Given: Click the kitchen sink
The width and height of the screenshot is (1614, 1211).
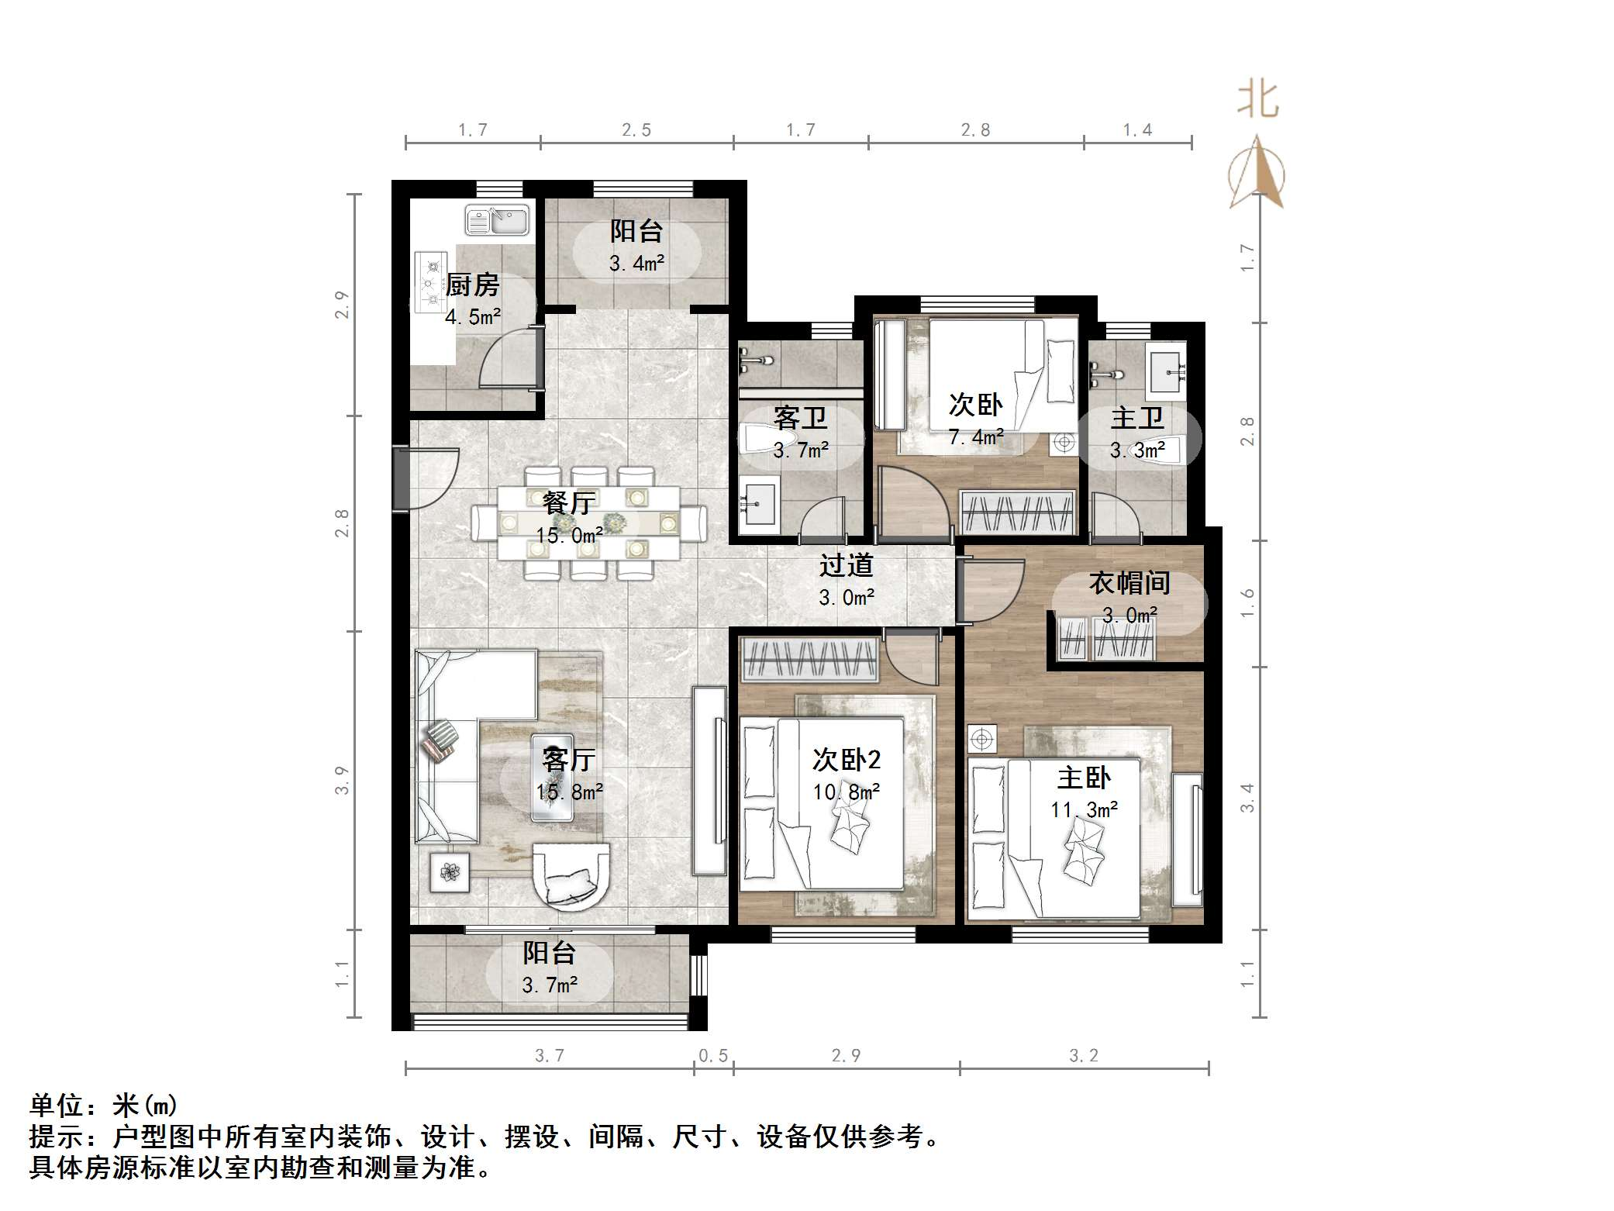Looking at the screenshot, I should point(497,220).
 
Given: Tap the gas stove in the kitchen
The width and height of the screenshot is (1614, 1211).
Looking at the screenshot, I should point(430,282).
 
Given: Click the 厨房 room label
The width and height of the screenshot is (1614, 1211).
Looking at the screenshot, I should point(472,285).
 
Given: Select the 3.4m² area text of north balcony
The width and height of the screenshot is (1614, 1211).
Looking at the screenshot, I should point(636,264).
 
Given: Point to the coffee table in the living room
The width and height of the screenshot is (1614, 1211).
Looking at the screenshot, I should point(552,778).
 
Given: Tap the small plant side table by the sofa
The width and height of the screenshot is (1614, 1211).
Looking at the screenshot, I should point(450,872).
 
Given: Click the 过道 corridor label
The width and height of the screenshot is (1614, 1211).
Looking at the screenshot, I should point(846,565).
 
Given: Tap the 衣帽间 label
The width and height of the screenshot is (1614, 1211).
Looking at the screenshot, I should point(1129,583).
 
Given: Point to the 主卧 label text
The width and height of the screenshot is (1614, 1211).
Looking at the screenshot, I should point(1084,778).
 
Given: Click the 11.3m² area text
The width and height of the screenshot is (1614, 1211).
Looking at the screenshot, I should point(1084,810).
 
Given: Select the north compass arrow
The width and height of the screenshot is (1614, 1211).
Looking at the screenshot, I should point(1257,173).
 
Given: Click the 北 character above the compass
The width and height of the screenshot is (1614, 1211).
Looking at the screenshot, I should point(1257,101).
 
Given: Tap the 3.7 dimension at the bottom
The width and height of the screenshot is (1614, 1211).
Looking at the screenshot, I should point(550,1055).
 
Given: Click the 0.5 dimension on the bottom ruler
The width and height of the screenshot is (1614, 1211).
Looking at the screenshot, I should point(713,1055).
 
